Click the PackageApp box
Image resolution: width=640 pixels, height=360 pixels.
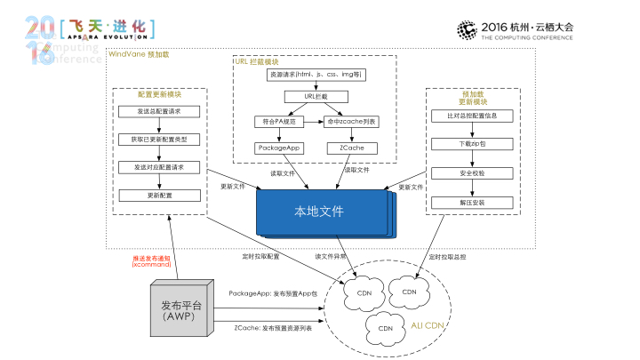pos(279,148)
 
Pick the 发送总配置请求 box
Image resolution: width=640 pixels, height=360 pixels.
pos(159,112)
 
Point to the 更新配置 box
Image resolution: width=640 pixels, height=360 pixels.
pos(159,195)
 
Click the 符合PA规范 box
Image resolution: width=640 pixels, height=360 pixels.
pos(279,120)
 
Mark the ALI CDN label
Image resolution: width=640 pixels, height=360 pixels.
pos(428,326)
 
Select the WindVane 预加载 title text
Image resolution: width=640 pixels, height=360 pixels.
pos(138,54)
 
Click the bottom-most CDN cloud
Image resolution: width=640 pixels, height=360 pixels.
pos(385,327)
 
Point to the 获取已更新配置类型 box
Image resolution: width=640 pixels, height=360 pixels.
pos(159,140)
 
